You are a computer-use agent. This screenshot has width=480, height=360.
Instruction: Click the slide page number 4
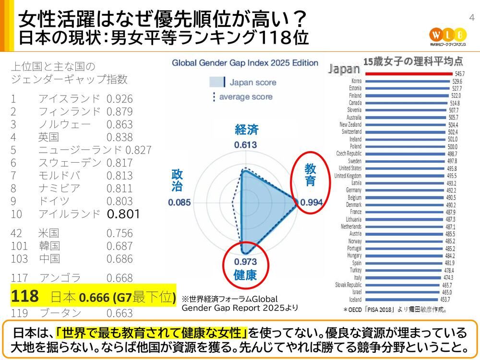coord(471,18)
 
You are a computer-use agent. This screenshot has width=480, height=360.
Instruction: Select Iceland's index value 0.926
coord(120,99)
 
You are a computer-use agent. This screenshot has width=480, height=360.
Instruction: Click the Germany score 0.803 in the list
coord(120,201)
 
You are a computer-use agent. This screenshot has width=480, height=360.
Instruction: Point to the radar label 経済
coord(246,130)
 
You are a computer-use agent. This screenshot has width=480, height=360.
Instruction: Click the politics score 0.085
coord(180,203)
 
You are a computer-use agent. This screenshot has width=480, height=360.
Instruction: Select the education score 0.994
coord(312,203)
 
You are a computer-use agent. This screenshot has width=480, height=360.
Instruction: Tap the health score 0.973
coord(245,262)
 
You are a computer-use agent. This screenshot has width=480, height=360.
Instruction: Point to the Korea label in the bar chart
coord(357,81)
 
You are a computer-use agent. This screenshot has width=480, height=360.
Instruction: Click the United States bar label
coord(350,168)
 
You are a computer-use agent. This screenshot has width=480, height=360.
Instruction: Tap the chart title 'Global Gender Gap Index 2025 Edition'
coord(245,63)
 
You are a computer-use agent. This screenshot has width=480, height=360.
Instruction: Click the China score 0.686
coord(120,259)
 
